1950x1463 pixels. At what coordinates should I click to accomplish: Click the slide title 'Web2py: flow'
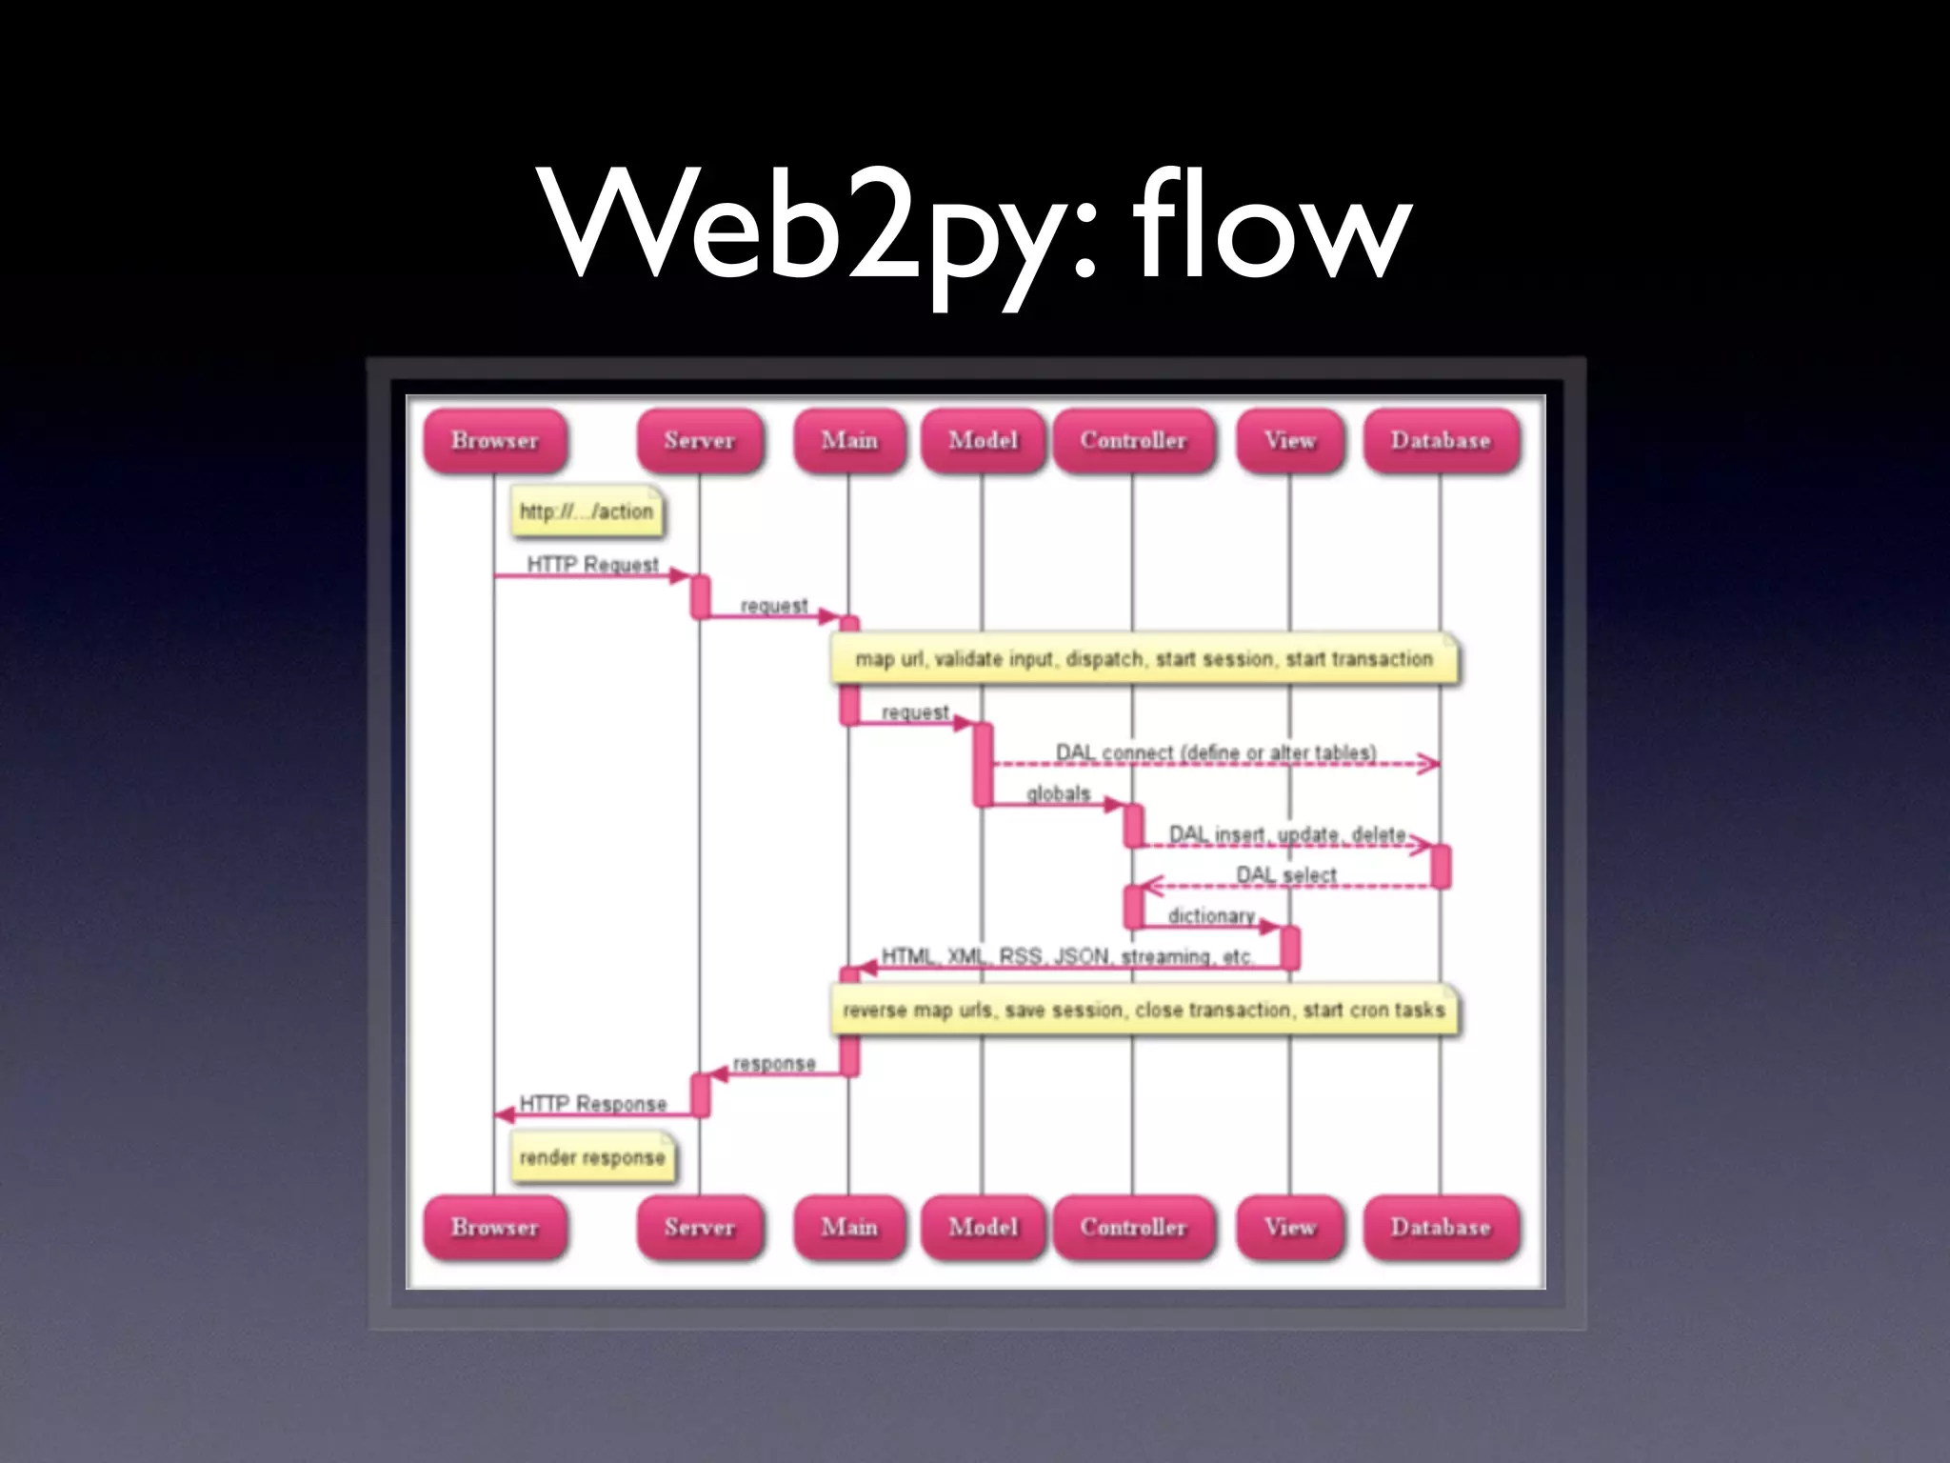point(975,229)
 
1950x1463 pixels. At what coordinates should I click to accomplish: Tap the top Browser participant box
point(494,441)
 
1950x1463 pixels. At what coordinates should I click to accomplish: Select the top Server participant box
point(700,441)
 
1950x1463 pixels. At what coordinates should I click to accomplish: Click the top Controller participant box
point(1133,441)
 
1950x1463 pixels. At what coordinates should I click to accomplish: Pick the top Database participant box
point(1440,441)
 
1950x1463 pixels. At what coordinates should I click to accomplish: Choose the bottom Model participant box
point(983,1228)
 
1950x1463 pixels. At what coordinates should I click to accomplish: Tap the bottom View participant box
point(1289,1228)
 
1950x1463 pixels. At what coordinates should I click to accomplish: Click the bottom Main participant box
point(849,1228)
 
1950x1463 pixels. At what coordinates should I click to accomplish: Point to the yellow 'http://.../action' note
point(587,511)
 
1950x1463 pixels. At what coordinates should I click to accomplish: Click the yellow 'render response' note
point(592,1157)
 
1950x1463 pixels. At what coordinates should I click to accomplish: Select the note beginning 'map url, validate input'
point(1144,659)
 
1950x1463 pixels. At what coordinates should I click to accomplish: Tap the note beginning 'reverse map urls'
point(1144,1010)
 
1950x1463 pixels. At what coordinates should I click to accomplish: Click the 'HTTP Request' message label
point(592,564)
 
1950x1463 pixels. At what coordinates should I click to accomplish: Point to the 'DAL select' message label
point(1285,874)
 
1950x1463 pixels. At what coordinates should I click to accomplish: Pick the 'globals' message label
point(1058,792)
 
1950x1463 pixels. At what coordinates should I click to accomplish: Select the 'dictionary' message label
point(1211,915)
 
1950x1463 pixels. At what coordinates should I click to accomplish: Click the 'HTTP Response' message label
point(592,1103)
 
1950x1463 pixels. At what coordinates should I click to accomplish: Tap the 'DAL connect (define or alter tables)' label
point(1216,752)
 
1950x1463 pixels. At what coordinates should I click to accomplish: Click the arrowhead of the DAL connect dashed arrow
point(1428,764)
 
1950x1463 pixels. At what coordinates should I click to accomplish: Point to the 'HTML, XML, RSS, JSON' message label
point(1066,956)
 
